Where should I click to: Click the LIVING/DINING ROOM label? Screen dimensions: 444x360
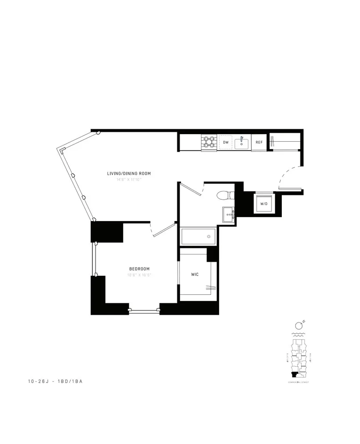pyautogui.click(x=129, y=173)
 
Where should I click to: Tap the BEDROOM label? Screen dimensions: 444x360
pyautogui.click(x=139, y=269)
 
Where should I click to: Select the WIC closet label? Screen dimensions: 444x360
pyautogui.click(x=195, y=274)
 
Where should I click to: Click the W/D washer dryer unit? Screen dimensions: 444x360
pyautogui.click(x=264, y=204)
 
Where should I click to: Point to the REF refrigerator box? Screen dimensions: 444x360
pyautogui.click(x=259, y=143)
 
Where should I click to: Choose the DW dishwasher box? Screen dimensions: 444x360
pyautogui.click(x=226, y=143)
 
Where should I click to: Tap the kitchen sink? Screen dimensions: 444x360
pyautogui.click(x=243, y=143)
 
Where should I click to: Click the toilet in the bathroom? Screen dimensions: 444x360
pyautogui.click(x=224, y=195)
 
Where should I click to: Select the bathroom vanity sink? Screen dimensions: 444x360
pyautogui.click(x=228, y=214)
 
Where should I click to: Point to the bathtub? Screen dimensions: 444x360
pyautogui.click(x=199, y=236)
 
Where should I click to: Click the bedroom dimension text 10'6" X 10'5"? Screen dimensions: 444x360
pyautogui.click(x=139, y=275)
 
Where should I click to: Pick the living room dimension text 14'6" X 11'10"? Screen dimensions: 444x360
pyautogui.click(x=129, y=180)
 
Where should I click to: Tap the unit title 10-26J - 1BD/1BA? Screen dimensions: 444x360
pyautogui.click(x=55, y=381)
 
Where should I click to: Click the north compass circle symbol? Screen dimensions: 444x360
pyautogui.click(x=297, y=326)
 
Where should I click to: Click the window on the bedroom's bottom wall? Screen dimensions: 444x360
pyautogui.click(x=144, y=312)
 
